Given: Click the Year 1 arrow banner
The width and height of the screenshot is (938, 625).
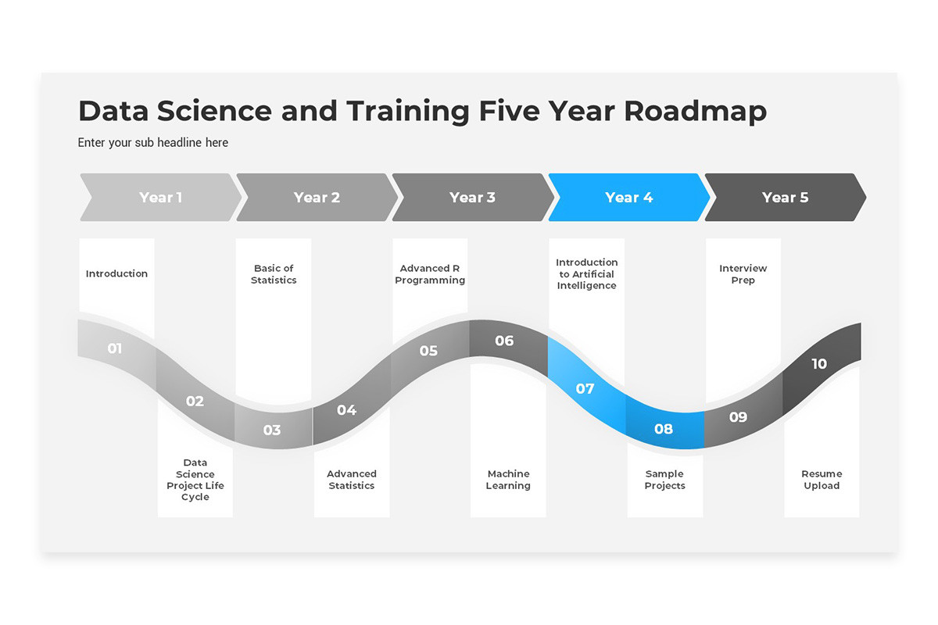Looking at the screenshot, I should (160, 198).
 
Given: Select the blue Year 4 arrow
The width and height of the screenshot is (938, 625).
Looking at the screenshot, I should (628, 198).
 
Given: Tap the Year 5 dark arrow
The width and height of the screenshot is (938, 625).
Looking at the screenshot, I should (785, 198).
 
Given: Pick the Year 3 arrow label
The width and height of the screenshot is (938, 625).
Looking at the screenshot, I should (472, 198).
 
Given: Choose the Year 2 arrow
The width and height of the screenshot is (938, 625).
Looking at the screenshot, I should (317, 198).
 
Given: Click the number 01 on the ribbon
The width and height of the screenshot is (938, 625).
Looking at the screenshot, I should (115, 348).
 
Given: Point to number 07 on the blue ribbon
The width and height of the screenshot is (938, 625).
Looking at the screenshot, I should (585, 389).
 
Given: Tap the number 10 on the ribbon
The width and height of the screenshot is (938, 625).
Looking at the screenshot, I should (819, 364).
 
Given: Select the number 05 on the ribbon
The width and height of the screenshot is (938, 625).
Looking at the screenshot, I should (428, 351).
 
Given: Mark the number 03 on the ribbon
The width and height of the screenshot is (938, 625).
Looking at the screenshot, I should (272, 430).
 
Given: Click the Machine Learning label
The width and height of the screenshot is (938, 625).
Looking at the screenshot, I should (508, 480).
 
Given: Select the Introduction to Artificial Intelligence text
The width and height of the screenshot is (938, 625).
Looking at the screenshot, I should (586, 274).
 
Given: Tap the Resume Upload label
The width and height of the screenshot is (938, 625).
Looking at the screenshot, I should (822, 480).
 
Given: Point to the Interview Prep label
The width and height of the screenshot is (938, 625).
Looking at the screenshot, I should (743, 274).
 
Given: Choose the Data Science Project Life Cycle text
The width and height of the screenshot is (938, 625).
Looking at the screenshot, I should (195, 480).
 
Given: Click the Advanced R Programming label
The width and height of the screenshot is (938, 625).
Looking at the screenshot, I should (430, 274).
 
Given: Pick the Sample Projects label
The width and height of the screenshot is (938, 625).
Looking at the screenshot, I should (664, 480).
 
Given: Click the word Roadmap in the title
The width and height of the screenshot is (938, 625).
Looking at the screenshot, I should (695, 111).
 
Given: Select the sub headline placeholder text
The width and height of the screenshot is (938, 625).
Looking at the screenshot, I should (153, 143).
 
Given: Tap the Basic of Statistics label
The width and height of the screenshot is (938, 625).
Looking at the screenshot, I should (274, 274).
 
